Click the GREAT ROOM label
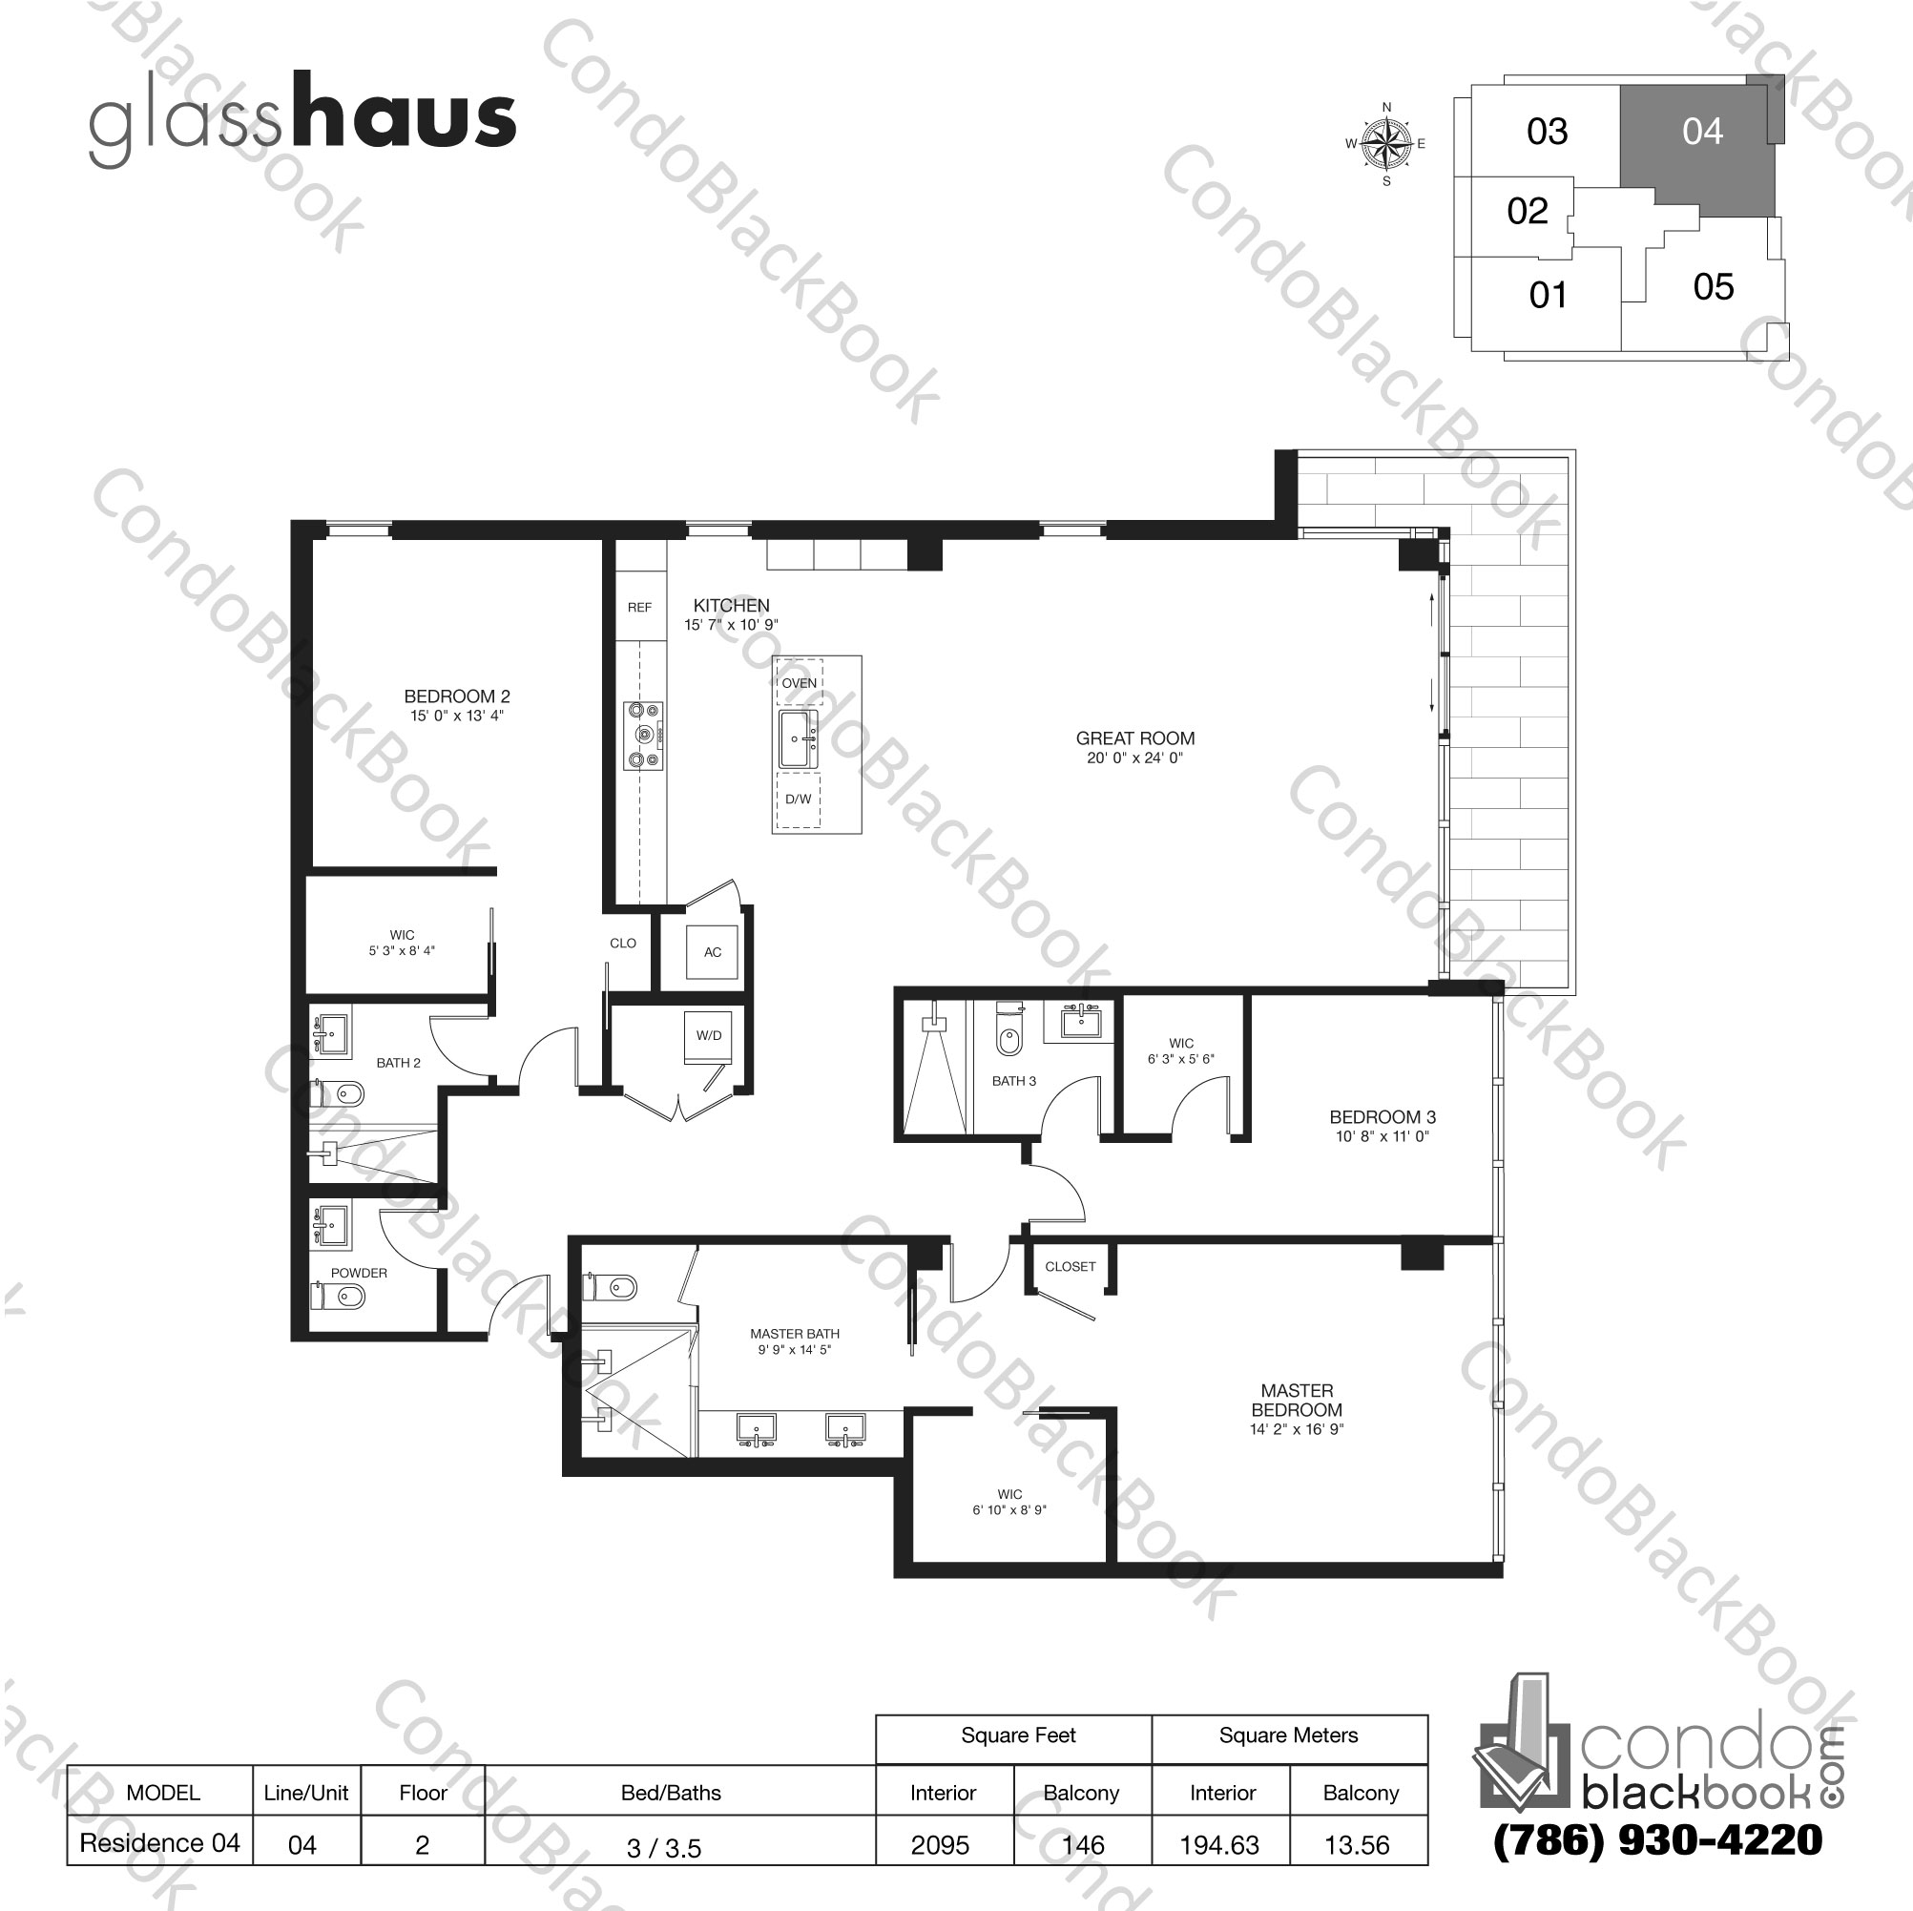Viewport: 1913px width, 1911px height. click(1134, 738)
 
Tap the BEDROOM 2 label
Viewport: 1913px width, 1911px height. click(456, 696)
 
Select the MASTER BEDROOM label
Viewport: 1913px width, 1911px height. click(1296, 1400)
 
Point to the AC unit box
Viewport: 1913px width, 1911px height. click(713, 952)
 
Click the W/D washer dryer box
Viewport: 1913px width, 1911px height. click(709, 1037)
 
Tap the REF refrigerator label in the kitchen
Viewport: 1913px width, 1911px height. click(639, 607)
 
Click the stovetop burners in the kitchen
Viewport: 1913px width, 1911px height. click(644, 735)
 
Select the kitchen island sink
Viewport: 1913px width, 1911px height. click(798, 738)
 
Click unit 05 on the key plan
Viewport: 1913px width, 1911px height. click(1713, 287)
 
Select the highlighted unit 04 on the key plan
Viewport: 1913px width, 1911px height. click(1702, 132)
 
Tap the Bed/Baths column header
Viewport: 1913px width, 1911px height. click(671, 1792)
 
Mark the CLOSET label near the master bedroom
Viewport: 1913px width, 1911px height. click(1071, 1265)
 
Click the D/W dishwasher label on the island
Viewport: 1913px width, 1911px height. click(798, 800)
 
